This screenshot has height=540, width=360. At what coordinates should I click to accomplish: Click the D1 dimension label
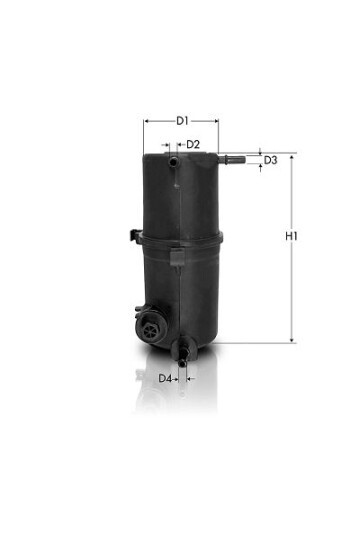point(182,121)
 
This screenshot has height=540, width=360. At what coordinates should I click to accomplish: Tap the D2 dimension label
point(193,145)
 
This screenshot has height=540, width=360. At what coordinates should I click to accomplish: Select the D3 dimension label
point(270,160)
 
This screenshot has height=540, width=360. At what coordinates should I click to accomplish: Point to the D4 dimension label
point(165,379)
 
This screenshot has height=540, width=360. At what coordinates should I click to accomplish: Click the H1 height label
point(291,236)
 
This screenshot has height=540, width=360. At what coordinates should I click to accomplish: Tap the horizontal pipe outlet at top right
point(232,160)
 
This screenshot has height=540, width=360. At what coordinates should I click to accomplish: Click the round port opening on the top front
point(173,161)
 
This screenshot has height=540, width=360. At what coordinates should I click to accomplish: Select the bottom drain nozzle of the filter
point(182,354)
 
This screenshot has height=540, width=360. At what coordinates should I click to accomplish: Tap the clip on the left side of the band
point(135,236)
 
